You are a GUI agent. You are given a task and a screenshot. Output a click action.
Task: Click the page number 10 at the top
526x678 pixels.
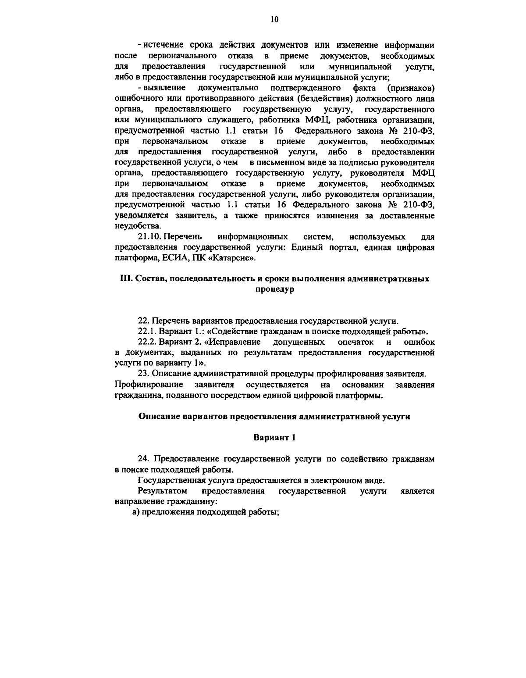262,19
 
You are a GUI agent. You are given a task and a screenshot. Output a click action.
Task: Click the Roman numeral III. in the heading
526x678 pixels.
126,279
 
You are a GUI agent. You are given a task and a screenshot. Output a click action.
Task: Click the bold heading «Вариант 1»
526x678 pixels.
275,438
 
